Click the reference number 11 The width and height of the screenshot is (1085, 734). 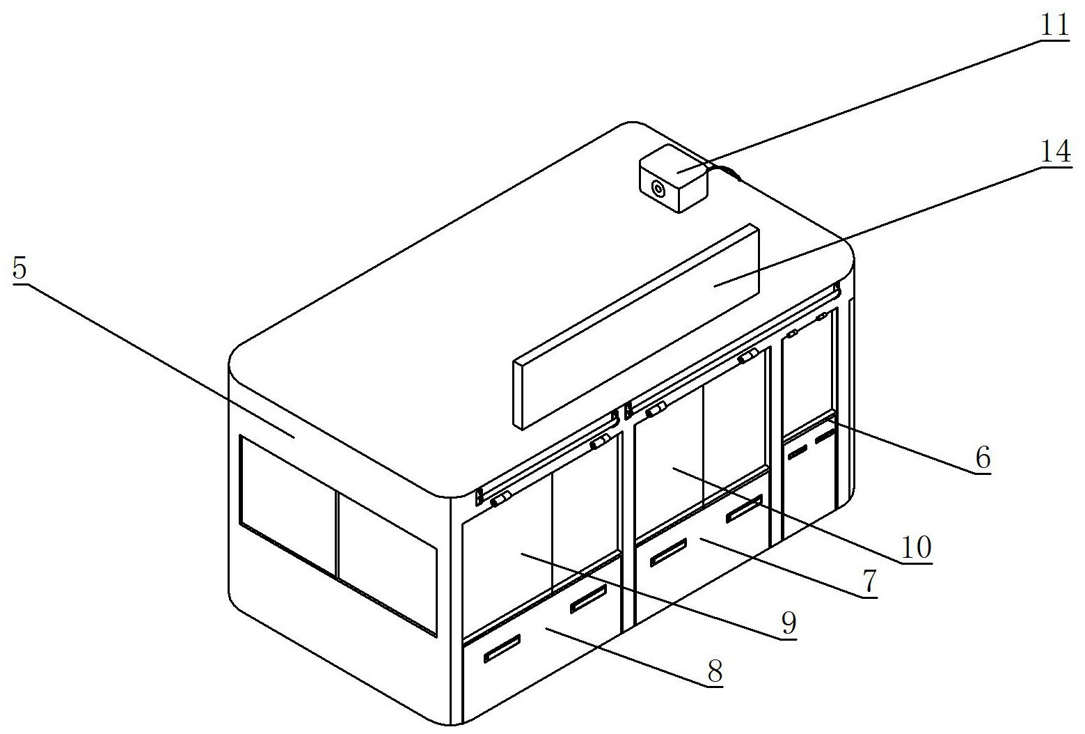tap(1054, 24)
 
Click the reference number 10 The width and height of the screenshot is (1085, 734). tap(916, 547)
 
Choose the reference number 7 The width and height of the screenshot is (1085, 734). tap(870, 581)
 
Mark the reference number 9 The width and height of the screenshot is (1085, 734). tap(789, 623)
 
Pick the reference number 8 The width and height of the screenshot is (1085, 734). tap(715, 671)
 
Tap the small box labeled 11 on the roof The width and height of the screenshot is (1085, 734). tap(674, 178)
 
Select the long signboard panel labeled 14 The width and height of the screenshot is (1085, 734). tap(636, 327)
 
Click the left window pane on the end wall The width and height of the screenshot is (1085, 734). tap(287, 505)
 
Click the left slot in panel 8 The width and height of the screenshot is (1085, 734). tap(502, 648)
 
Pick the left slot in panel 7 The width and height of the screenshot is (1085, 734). tap(668, 552)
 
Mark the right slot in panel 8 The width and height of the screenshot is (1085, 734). tap(588, 598)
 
